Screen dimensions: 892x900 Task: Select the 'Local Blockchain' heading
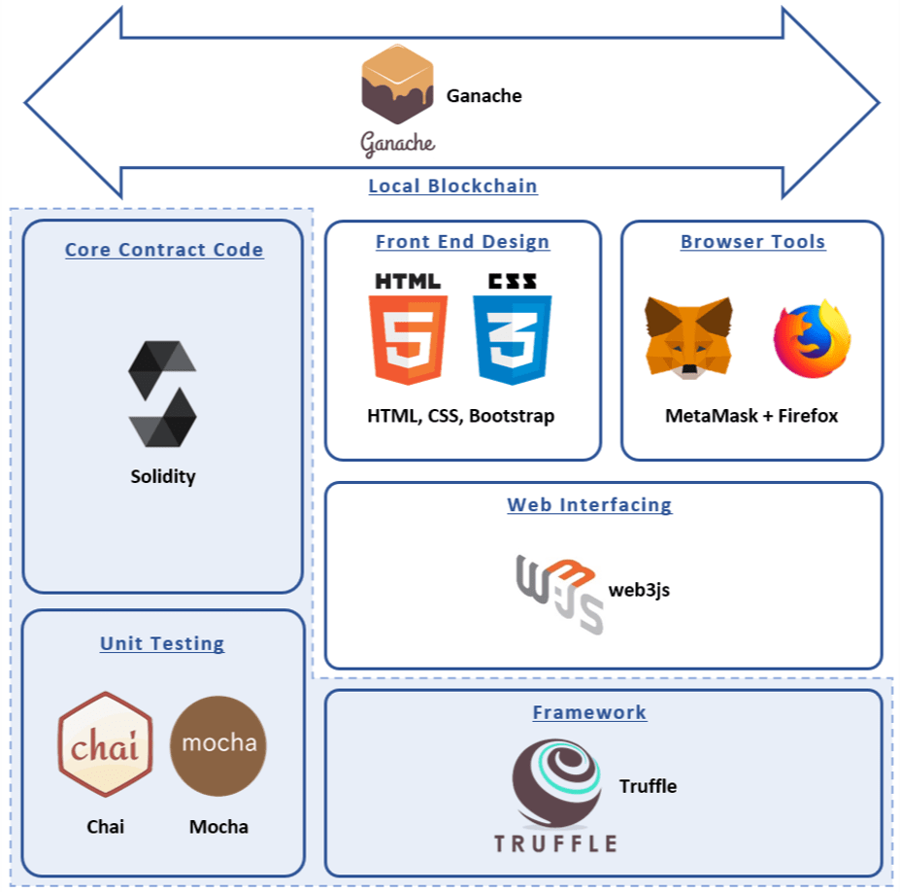pos(452,186)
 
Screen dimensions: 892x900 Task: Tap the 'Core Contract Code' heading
pos(164,250)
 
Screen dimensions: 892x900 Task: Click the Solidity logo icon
pos(162,394)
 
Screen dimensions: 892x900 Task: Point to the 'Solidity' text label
pos(163,476)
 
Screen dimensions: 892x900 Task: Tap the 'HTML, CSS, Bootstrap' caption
pos(461,416)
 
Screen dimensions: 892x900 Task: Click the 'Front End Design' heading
pos(462,242)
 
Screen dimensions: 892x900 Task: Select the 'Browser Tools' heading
pos(752,242)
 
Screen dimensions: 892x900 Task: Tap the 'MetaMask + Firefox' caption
pos(751,416)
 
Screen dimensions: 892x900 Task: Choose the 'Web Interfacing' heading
pos(589,505)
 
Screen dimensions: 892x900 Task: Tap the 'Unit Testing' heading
pos(162,643)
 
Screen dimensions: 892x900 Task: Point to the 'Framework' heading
pos(589,712)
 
